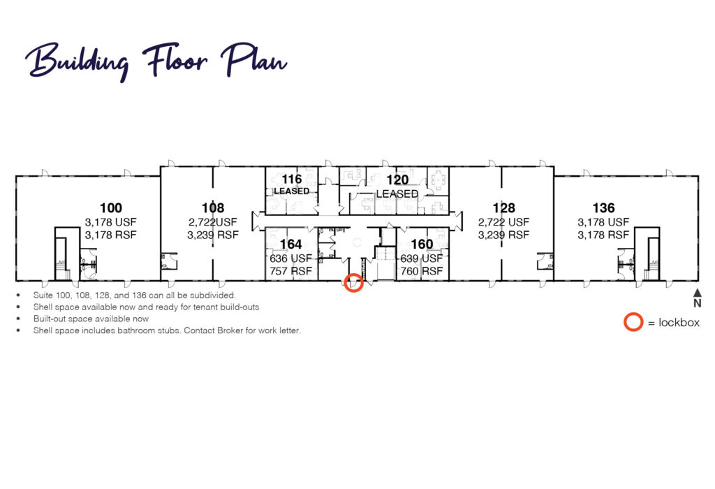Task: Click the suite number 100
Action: [x=111, y=208]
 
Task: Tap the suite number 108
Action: [x=213, y=208]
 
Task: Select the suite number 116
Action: [x=291, y=179]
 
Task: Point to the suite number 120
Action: [x=397, y=180]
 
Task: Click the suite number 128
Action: [x=504, y=208]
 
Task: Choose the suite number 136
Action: [x=603, y=208]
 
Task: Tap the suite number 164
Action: [x=291, y=245]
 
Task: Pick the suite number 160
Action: [x=422, y=245]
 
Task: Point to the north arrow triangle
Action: [x=698, y=293]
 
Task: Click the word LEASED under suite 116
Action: [x=291, y=191]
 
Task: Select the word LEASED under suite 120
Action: [x=397, y=194]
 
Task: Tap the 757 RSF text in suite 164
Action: [x=290, y=271]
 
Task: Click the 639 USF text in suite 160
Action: [x=421, y=258]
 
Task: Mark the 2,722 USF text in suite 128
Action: [x=504, y=222]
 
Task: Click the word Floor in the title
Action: [x=175, y=60]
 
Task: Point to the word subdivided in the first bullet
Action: [x=213, y=295]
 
